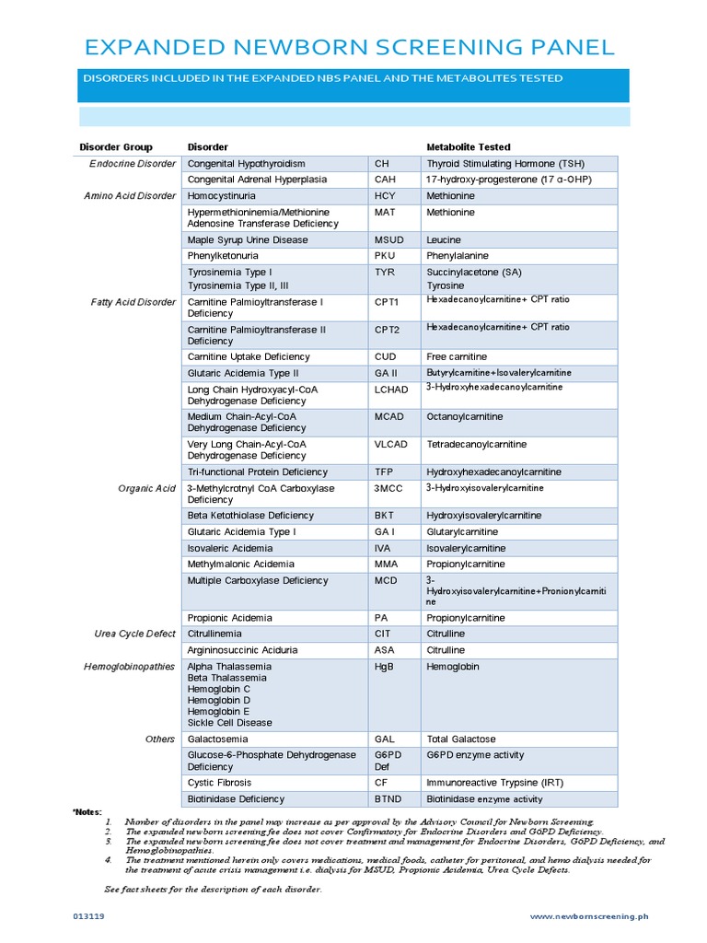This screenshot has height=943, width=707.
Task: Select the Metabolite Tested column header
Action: (x=468, y=147)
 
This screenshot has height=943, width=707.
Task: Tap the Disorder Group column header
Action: (x=116, y=147)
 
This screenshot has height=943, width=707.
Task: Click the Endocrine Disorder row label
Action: (x=133, y=164)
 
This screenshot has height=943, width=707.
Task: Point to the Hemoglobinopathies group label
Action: (x=129, y=667)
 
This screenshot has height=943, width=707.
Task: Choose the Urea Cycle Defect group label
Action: (x=134, y=634)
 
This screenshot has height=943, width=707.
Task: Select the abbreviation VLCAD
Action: (x=390, y=445)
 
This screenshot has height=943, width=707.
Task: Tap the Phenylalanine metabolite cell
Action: (x=458, y=256)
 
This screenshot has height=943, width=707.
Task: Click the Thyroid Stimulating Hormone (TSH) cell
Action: (x=505, y=164)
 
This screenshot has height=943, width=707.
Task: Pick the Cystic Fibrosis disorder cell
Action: (x=219, y=783)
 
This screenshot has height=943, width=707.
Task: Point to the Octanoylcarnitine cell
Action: (x=463, y=417)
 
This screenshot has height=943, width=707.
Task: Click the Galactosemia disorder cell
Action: (x=217, y=739)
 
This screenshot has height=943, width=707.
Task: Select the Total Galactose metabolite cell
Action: (x=460, y=739)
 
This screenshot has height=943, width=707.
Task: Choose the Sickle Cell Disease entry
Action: (x=230, y=723)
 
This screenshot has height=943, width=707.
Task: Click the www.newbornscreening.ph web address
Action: (x=590, y=916)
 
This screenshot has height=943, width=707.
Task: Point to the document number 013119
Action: (x=89, y=916)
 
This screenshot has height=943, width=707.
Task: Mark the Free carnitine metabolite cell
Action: (x=457, y=357)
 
